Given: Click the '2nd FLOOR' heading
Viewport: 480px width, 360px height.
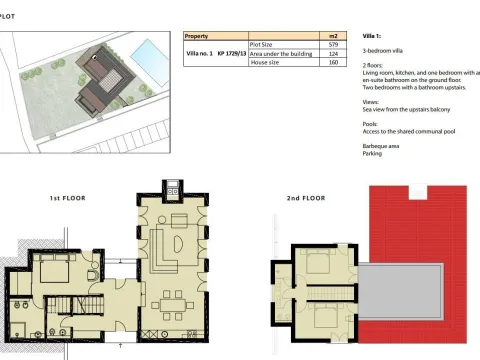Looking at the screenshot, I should tap(307, 198).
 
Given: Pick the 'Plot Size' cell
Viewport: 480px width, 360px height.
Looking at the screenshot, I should tap(262, 44).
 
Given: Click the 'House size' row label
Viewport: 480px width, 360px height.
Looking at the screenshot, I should tap(265, 62).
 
